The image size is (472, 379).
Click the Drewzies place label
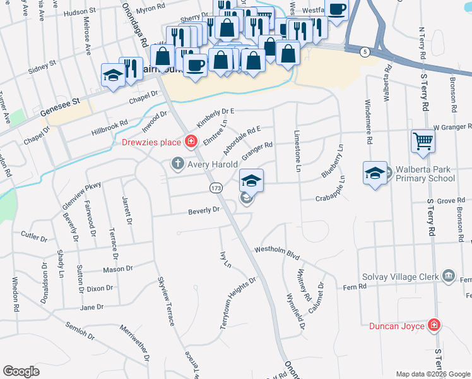[151, 142]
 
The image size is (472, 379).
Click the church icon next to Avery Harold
[178, 164]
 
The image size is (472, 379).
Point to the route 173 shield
[216, 188]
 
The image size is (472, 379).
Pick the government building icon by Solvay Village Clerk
[449, 275]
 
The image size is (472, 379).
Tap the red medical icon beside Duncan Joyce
[434, 325]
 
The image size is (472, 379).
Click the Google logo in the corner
[21, 371]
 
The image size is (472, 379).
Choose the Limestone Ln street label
[297, 151]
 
